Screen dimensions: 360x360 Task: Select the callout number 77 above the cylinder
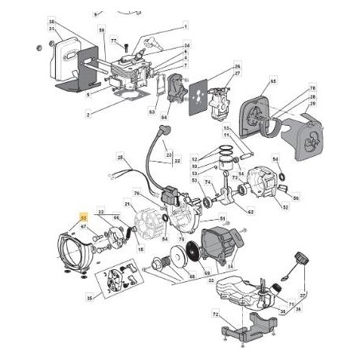pyautogui.click(x=113, y=40)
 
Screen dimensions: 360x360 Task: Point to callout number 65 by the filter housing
pyautogui.click(x=272, y=81)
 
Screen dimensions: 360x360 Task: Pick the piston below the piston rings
pyautogui.click(x=226, y=173)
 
